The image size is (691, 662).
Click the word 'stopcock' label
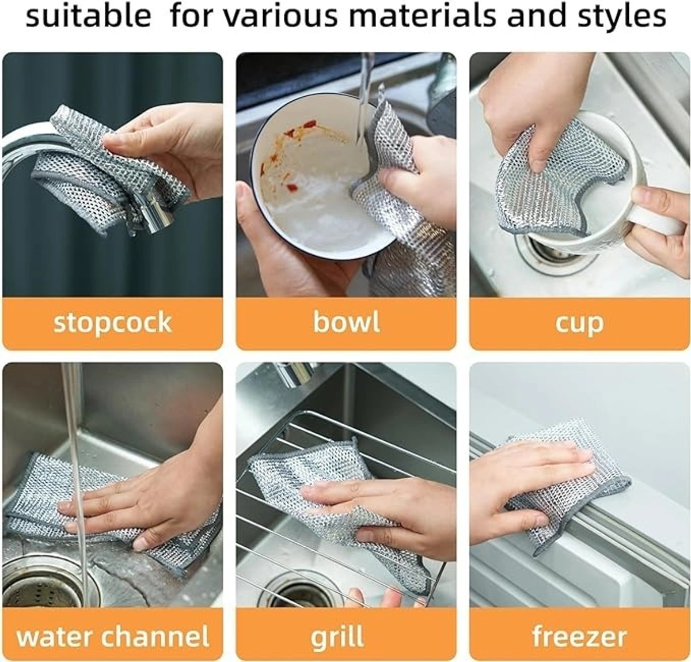(113, 323)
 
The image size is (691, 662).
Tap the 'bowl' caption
(346, 323)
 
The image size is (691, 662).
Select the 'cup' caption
(579, 324)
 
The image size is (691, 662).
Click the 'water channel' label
(113, 636)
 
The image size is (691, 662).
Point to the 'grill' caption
(337, 636)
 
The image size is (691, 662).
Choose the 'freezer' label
(579, 636)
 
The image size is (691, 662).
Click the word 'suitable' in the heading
(88, 17)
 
